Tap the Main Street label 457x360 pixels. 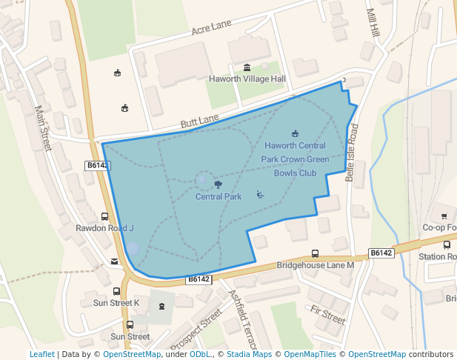pos(41,128)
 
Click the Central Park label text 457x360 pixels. pos(219,197)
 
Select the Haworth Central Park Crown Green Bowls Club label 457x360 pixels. pos(295,159)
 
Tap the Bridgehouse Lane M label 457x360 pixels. pos(316,264)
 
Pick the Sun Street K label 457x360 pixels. pos(116,303)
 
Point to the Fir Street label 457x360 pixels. pos(327,315)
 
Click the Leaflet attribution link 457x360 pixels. pos(41,354)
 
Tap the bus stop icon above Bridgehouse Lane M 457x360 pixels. pos(316,253)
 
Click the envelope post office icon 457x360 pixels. pos(113,261)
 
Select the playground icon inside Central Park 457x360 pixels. pos(260,195)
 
